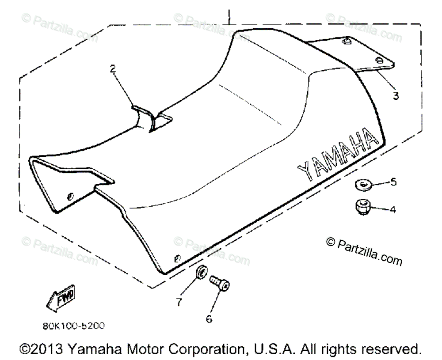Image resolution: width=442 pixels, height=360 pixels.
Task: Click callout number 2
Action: [x=113, y=68]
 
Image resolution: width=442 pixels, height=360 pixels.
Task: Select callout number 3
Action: [x=396, y=95]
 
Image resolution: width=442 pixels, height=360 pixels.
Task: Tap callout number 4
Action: [x=392, y=210]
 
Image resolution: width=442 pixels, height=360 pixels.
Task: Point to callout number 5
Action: [x=393, y=182]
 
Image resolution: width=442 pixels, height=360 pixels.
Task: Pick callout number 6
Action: [x=209, y=318]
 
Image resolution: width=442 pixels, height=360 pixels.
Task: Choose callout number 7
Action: [x=179, y=302]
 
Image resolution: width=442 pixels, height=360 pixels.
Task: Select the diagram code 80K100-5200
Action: [x=74, y=326]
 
